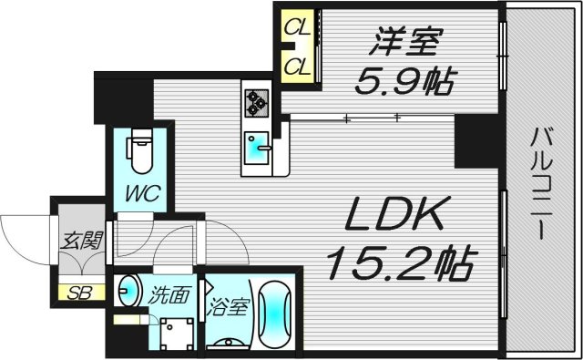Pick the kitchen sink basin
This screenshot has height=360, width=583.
pos(256,146)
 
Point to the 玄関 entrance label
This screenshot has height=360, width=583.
pos(81,242)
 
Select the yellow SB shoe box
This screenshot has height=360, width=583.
pos(80,293)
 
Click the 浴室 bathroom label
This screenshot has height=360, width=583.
pos(228,307)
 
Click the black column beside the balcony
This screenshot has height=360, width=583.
pos(473,142)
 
